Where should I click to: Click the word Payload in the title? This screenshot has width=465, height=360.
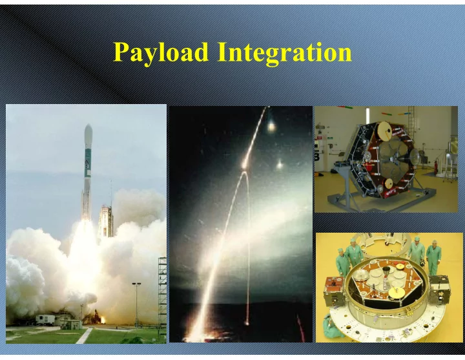coord(161,52)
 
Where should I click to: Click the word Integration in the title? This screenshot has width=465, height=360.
coord(285,52)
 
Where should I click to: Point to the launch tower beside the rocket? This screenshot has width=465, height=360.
coord(106,220)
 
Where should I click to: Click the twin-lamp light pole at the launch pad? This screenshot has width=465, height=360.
coord(136,304)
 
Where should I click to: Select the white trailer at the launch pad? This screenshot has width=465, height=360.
coord(45,320)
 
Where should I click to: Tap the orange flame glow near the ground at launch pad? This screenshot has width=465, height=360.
coord(103,320)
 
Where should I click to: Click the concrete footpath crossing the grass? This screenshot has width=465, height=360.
coord(85,335)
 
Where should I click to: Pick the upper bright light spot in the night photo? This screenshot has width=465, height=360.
coord(271,127)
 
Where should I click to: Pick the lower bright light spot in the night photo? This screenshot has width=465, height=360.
coord(279,164)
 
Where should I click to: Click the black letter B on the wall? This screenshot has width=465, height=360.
coord(316,156)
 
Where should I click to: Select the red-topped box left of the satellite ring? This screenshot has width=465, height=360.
coord(335,291)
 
